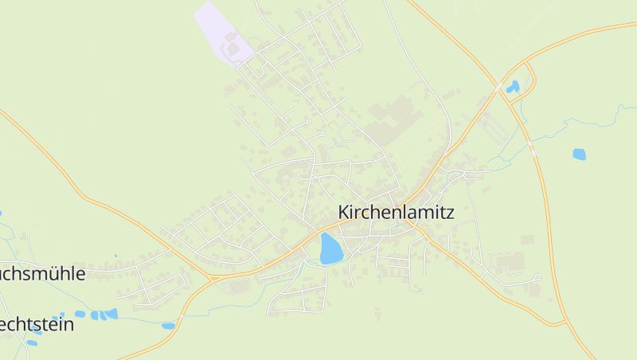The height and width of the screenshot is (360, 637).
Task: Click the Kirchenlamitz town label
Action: click(396, 213)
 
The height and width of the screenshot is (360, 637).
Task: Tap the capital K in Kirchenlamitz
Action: click(344, 213)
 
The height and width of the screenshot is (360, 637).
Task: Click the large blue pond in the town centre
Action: click(331, 248)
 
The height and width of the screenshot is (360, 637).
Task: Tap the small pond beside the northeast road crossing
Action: click(514, 86)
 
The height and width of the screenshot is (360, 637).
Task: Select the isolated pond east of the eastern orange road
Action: click(579, 155)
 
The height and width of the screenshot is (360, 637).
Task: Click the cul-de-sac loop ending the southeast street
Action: click(538, 277)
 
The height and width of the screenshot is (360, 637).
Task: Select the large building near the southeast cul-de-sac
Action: click(510, 261)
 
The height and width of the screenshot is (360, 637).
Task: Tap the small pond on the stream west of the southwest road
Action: click(168, 325)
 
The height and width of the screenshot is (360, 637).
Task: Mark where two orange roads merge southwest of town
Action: click(212, 278)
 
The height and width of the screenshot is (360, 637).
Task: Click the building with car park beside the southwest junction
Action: click(238, 284)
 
